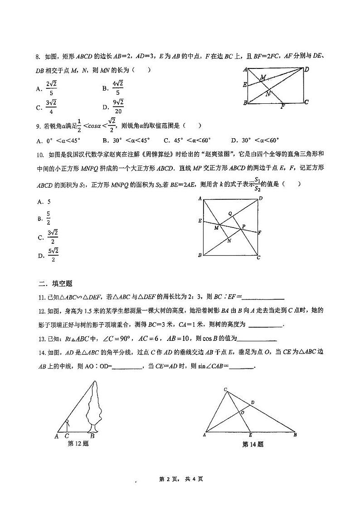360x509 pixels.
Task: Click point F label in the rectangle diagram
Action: [x=283, y=107]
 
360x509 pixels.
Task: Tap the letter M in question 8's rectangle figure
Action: [x=263, y=78]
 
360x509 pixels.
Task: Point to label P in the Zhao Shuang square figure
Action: [x=243, y=226]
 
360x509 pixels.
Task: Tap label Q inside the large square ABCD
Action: [x=230, y=213]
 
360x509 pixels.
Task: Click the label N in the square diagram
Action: [x=229, y=241]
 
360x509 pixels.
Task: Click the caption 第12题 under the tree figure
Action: [x=78, y=444]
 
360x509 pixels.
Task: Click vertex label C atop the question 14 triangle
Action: [x=225, y=389]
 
